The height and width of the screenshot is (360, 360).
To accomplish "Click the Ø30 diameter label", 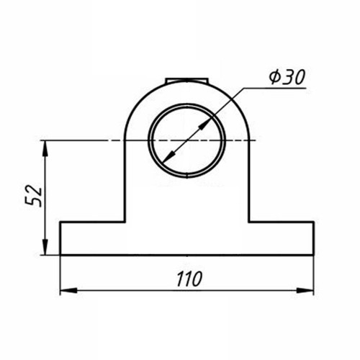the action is pyautogui.click(x=287, y=77).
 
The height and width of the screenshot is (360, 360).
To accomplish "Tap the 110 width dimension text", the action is pyautogui.click(x=189, y=279).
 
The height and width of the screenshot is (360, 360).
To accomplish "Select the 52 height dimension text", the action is pyautogui.click(x=33, y=196).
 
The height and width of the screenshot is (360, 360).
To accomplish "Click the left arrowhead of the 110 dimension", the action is pyautogui.click(x=68, y=290).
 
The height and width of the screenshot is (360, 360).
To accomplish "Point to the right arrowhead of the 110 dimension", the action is pyautogui.click(x=305, y=290).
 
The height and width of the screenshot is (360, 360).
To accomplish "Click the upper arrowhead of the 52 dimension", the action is pyautogui.click(x=45, y=149).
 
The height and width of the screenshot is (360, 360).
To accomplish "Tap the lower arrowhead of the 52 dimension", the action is pyautogui.click(x=45, y=246).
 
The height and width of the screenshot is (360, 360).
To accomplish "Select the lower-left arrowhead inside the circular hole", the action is pyautogui.click(x=169, y=158).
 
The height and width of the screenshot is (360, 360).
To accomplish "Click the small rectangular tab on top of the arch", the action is pyautogui.click(x=186, y=81).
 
